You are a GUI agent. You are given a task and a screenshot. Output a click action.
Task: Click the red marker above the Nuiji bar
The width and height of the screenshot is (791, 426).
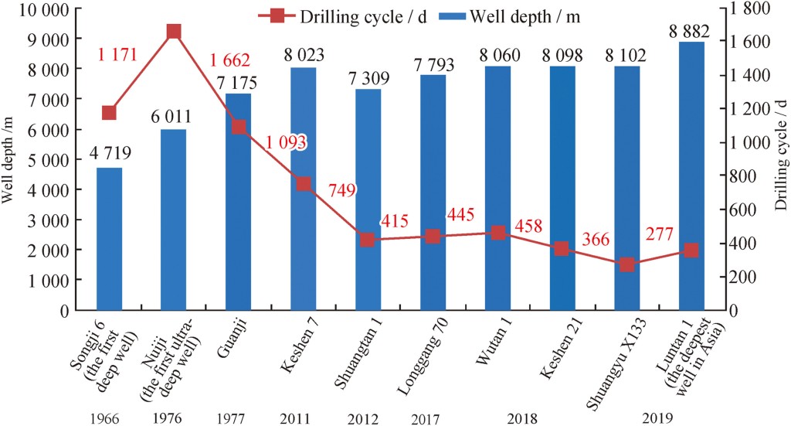[174, 32]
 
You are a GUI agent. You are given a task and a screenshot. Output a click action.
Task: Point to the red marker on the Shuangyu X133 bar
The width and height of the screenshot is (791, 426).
[626, 264]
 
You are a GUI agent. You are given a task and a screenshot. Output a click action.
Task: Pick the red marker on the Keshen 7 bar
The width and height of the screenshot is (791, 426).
[304, 184]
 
